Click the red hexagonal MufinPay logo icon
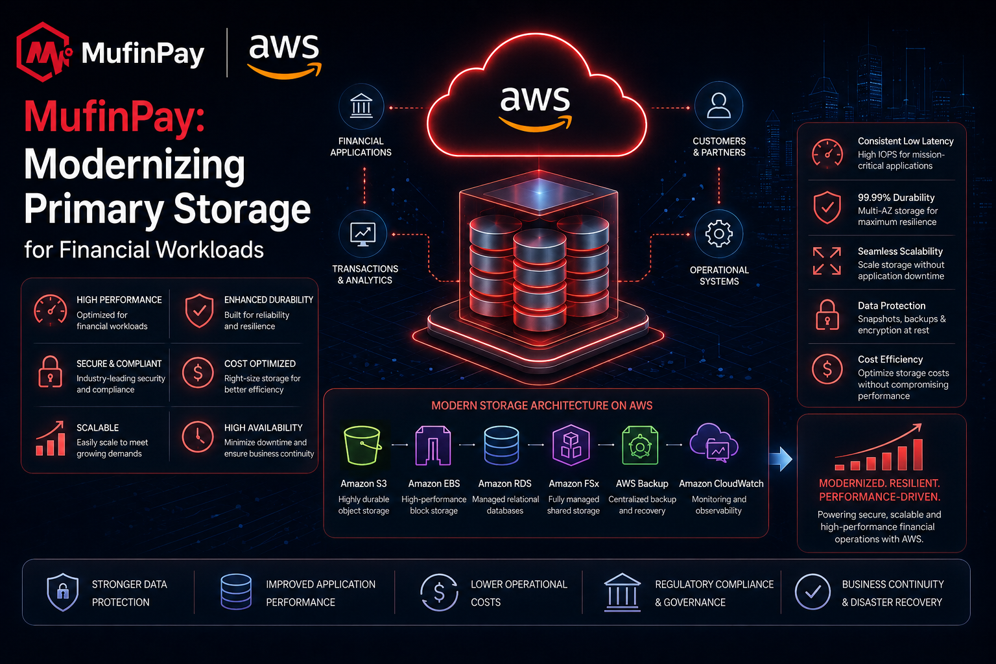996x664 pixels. (x=43, y=52)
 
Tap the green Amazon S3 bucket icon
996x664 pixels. (x=362, y=445)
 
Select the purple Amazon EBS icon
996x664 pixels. (x=433, y=445)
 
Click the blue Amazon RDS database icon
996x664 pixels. (x=501, y=445)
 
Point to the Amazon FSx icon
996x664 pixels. (x=571, y=445)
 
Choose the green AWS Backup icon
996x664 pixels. (x=640, y=445)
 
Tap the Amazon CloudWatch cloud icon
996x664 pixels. (x=714, y=443)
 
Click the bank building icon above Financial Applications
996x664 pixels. (x=361, y=106)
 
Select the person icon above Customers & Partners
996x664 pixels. (x=718, y=106)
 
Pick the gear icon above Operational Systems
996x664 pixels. (x=718, y=233)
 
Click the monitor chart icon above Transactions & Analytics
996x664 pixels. (x=362, y=234)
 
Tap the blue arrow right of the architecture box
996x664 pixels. (x=781, y=459)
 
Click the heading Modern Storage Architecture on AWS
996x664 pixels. (x=541, y=406)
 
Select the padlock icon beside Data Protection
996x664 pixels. (x=827, y=315)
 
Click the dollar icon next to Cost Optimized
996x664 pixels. (x=198, y=373)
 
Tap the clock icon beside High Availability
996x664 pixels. (x=198, y=437)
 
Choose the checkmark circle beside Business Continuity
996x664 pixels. (x=812, y=591)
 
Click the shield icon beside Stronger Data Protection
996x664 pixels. (x=63, y=592)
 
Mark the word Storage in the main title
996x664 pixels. (x=242, y=209)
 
